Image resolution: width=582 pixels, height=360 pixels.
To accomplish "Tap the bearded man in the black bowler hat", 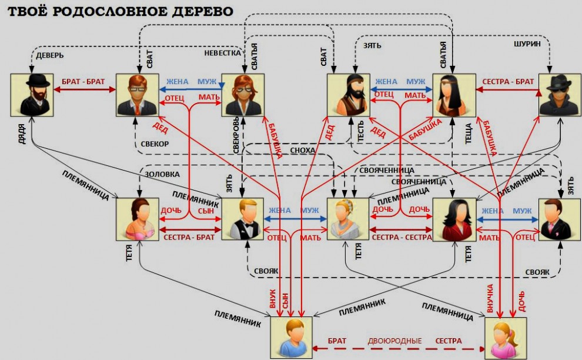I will point(32,95).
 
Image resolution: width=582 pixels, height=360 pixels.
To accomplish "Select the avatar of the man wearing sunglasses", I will point(560,95).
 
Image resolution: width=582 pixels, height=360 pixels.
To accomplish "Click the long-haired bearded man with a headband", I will point(349,95).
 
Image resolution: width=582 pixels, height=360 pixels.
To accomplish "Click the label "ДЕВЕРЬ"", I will point(50,55).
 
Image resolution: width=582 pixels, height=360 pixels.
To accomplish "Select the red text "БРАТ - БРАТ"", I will point(85,82).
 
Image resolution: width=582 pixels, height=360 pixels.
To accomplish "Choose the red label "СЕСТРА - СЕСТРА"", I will point(402,237).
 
